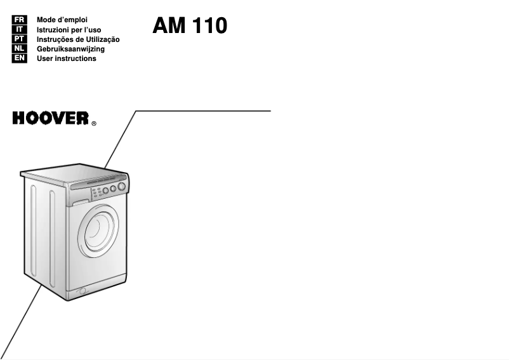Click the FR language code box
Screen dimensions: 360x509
(20, 20)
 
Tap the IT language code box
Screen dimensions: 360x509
(20, 30)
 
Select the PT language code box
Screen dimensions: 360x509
(20, 39)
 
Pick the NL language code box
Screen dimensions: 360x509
(20, 49)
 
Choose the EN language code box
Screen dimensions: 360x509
(20, 58)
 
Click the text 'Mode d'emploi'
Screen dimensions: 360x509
(62, 20)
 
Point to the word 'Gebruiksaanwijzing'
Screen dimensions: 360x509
(70, 49)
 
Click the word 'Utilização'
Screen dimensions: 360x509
(102, 39)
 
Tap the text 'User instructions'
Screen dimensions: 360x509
(67, 58)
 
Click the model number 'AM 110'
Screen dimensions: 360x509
(190, 26)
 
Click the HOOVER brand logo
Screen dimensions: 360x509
(50, 119)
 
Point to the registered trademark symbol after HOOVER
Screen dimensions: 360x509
(94, 124)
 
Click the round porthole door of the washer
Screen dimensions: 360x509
(98, 231)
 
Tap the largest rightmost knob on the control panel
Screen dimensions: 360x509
(121, 187)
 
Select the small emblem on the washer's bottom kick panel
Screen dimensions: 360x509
(81, 291)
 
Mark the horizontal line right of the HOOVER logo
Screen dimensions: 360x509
(203, 111)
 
